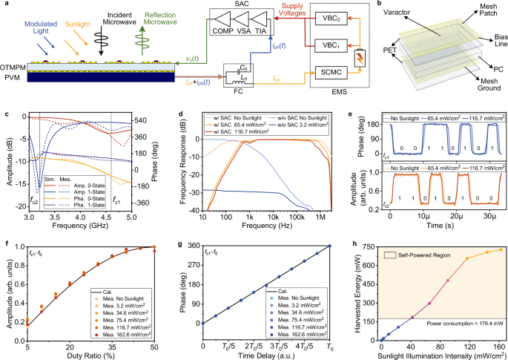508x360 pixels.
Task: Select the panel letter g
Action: pos(182,238)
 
